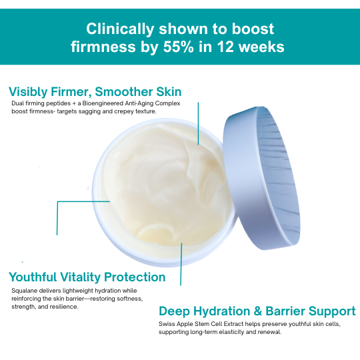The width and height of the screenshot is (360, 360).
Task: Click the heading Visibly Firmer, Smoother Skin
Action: [95, 92]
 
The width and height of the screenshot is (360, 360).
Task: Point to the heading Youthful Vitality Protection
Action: [87, 277]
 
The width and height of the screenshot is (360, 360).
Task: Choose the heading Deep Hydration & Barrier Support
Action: [257, 311]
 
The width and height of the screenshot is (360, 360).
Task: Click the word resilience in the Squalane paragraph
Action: [61, 307]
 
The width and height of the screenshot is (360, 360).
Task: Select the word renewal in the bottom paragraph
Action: [267, 332]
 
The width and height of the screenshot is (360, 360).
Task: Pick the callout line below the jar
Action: [181, 263]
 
